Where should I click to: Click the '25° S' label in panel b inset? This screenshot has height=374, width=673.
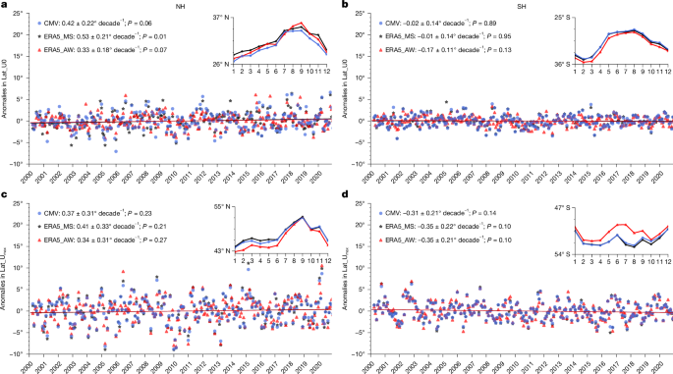click(559, 18)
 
